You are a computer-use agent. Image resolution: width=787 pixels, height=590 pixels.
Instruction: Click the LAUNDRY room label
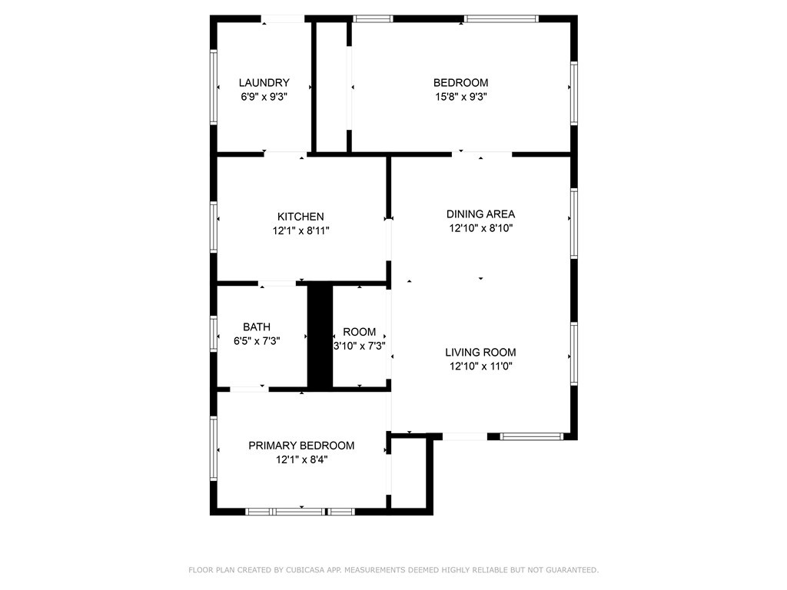tap(264, 83)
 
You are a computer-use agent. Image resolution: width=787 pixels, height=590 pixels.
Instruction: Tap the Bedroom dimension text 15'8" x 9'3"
tap(461, 97)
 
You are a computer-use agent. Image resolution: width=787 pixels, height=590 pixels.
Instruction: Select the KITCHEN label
tap(301, 217)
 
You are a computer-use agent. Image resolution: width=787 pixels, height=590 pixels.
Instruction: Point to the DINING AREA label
tap(481, 214)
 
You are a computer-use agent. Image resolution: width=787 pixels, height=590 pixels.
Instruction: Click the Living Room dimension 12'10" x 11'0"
tap(481, 366)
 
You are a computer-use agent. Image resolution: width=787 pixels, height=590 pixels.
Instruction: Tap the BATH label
tap(257, 327)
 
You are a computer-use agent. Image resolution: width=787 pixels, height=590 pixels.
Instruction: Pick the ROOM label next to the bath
tap(360, 332)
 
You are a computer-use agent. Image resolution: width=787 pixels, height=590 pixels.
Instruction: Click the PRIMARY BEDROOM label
tap(301, 446)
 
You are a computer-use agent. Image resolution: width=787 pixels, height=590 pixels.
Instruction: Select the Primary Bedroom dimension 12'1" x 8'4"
tap(301, 459)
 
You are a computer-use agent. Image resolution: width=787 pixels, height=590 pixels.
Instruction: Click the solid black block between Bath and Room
tap(320, 336)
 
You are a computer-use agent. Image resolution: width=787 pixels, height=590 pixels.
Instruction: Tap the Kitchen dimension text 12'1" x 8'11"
tap(301, 230)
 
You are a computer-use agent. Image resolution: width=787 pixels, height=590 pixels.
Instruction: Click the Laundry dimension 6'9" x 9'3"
tap(264, 97)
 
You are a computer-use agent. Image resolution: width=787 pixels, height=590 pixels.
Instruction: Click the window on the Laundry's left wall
tap(214, 87)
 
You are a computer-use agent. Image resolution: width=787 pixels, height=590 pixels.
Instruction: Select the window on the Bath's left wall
tap(214, 333)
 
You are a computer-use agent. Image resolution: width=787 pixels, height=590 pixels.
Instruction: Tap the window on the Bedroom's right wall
tap(574, 93)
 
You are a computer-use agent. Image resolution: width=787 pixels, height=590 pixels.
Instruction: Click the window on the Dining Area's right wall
tap(574, 224)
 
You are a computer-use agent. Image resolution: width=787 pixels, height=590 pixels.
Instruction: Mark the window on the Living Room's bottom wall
tap(532, 436)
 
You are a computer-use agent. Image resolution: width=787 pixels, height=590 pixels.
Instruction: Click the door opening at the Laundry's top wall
tap(283, 19)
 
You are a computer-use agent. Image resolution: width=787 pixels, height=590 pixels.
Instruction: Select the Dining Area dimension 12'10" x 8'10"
tap(481, 228)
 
